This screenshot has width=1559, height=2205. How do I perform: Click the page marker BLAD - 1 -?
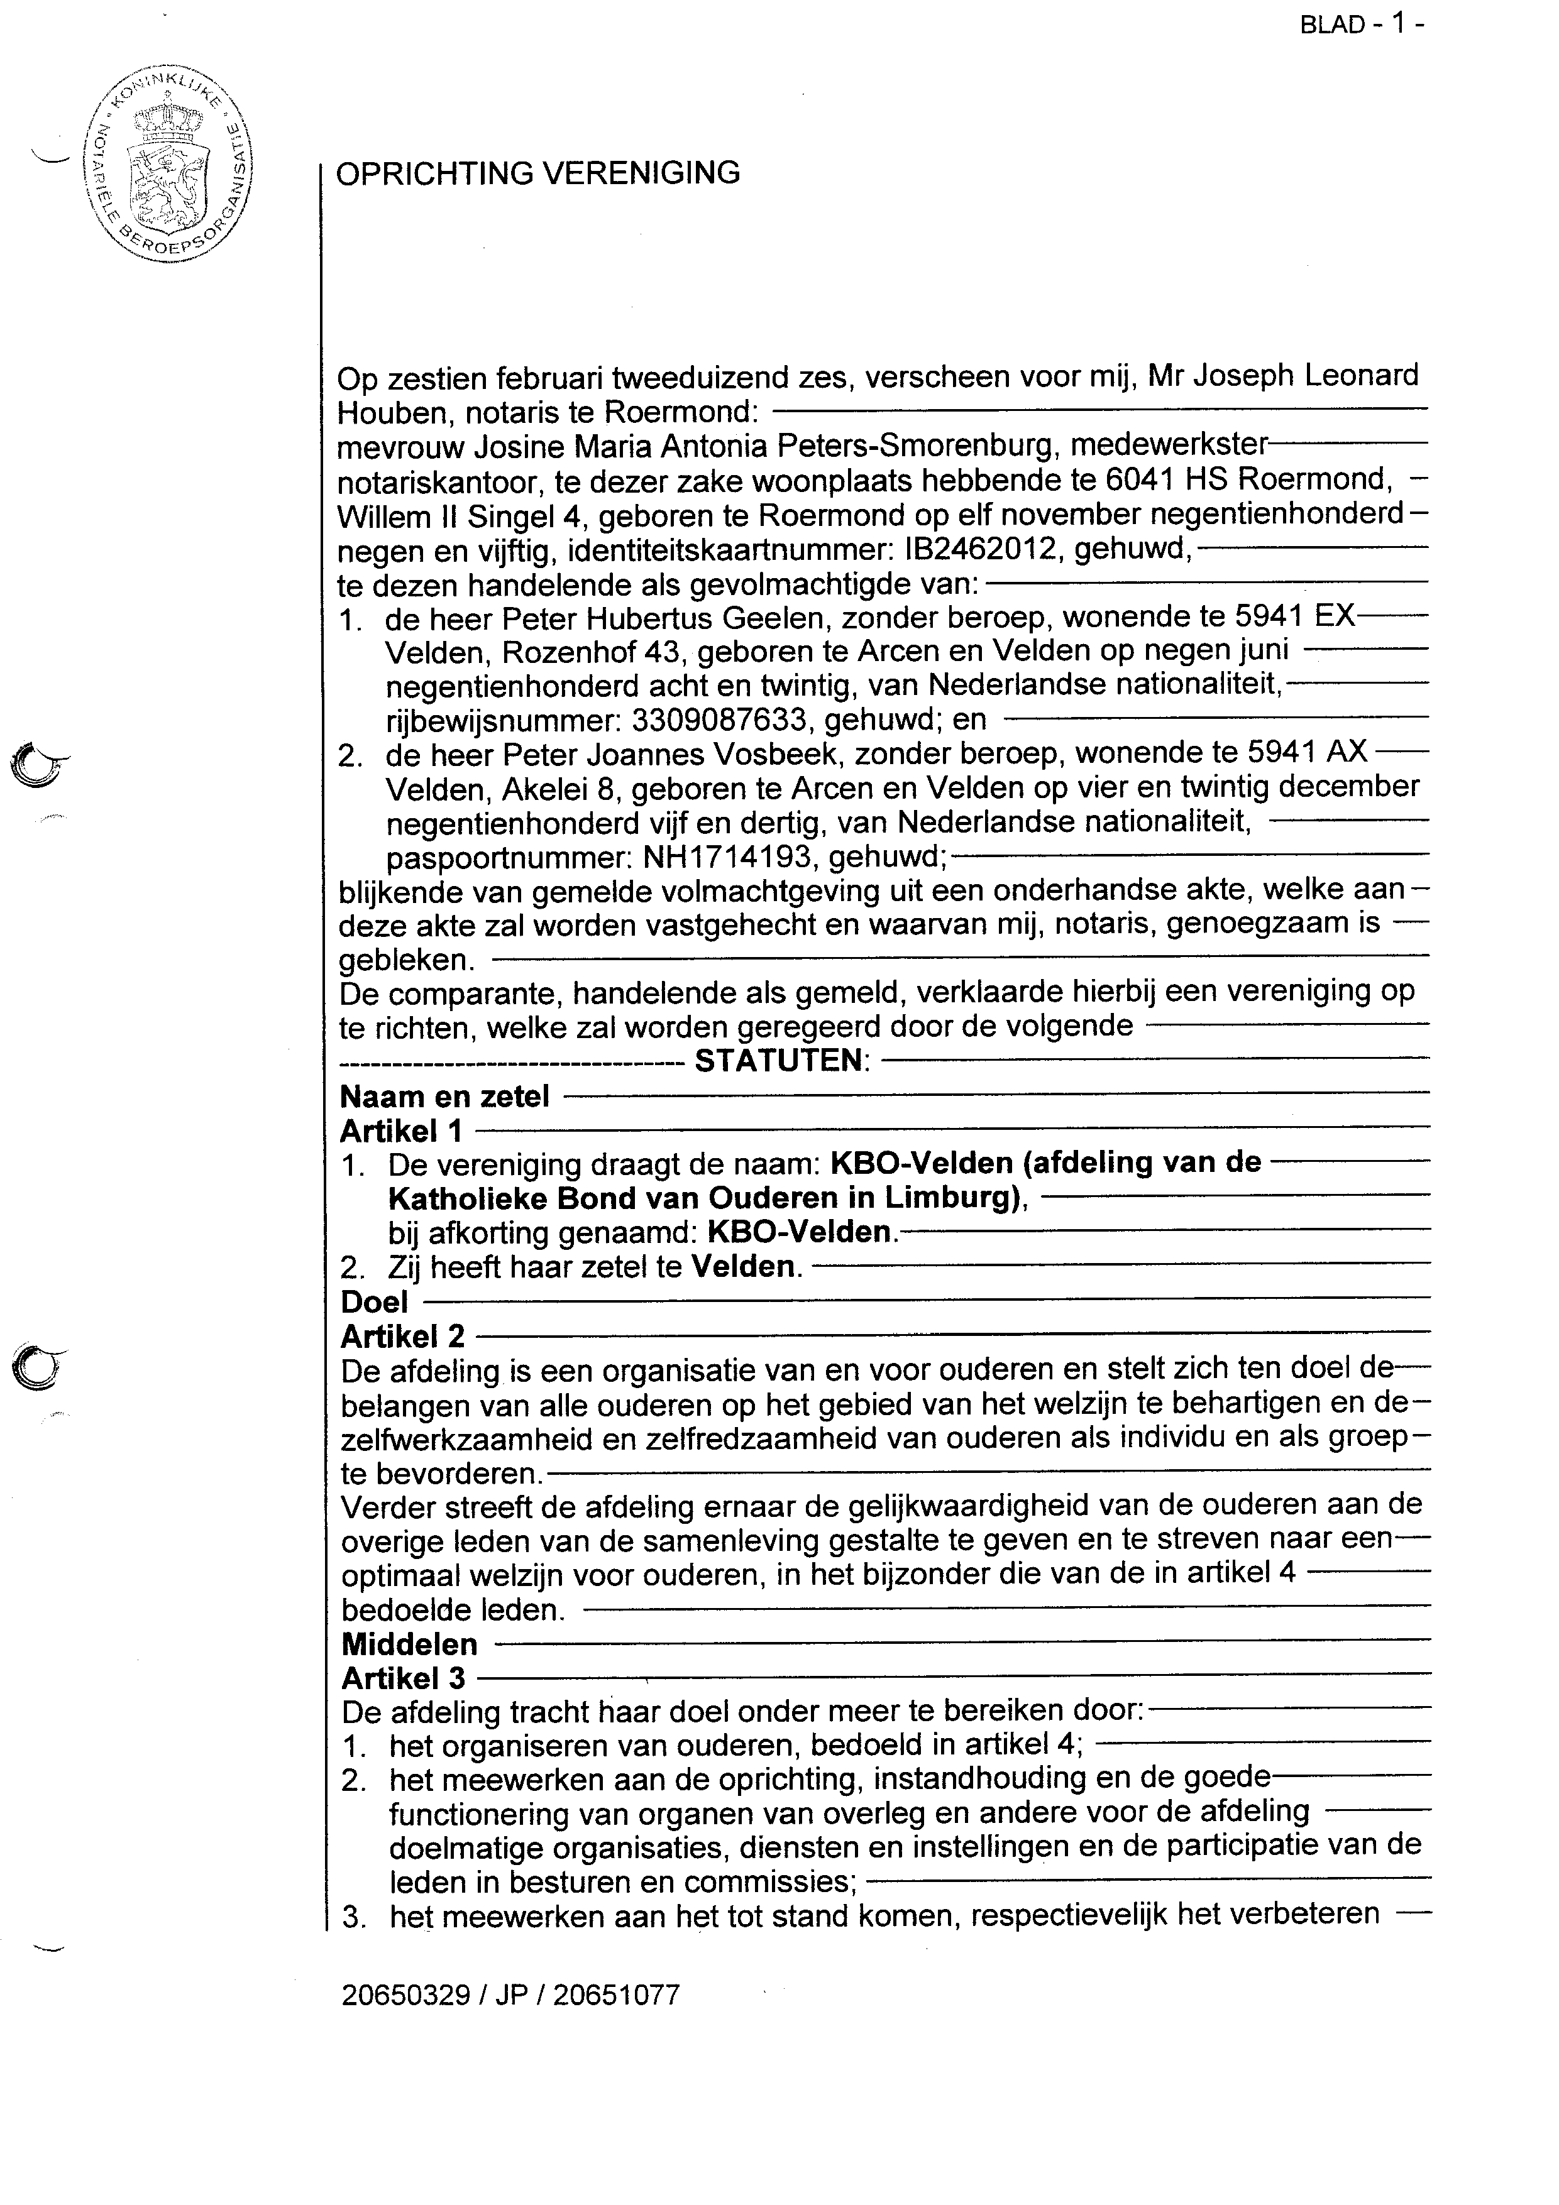pos(1360,24)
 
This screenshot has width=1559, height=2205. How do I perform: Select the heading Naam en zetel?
pos(444,1096)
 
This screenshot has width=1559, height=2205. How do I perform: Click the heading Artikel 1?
pos(402,1130)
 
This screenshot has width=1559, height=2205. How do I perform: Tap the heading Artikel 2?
pos(402,1336)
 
